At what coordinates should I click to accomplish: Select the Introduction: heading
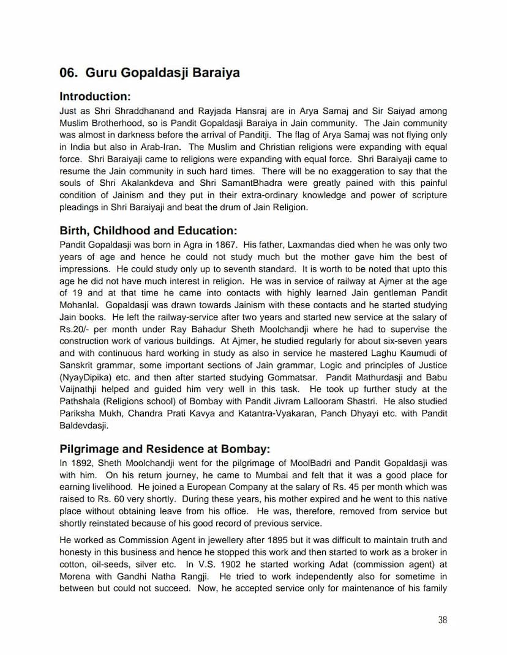click(95, 97)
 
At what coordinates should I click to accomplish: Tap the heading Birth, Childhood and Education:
click(148, 231)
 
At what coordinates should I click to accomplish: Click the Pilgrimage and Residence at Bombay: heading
click(164, 449)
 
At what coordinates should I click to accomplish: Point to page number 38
click(442, 620)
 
